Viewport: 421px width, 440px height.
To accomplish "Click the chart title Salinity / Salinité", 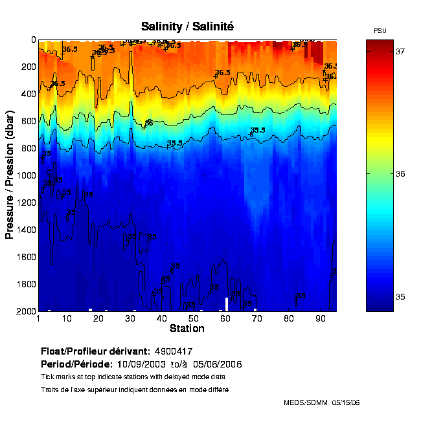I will point(187,27).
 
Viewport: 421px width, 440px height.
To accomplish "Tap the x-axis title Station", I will point(187,329).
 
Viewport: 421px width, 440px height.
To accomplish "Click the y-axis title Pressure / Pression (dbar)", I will point(10,175).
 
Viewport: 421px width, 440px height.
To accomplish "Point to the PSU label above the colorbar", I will point(380,31).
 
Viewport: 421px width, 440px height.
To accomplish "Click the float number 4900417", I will point(174,351).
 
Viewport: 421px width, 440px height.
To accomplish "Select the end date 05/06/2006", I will point(220,364).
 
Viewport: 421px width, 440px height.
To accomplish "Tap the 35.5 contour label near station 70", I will point(258,130).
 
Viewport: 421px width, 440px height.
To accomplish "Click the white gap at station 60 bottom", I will point(226,304).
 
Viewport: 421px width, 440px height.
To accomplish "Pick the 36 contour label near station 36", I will point(149,122).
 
